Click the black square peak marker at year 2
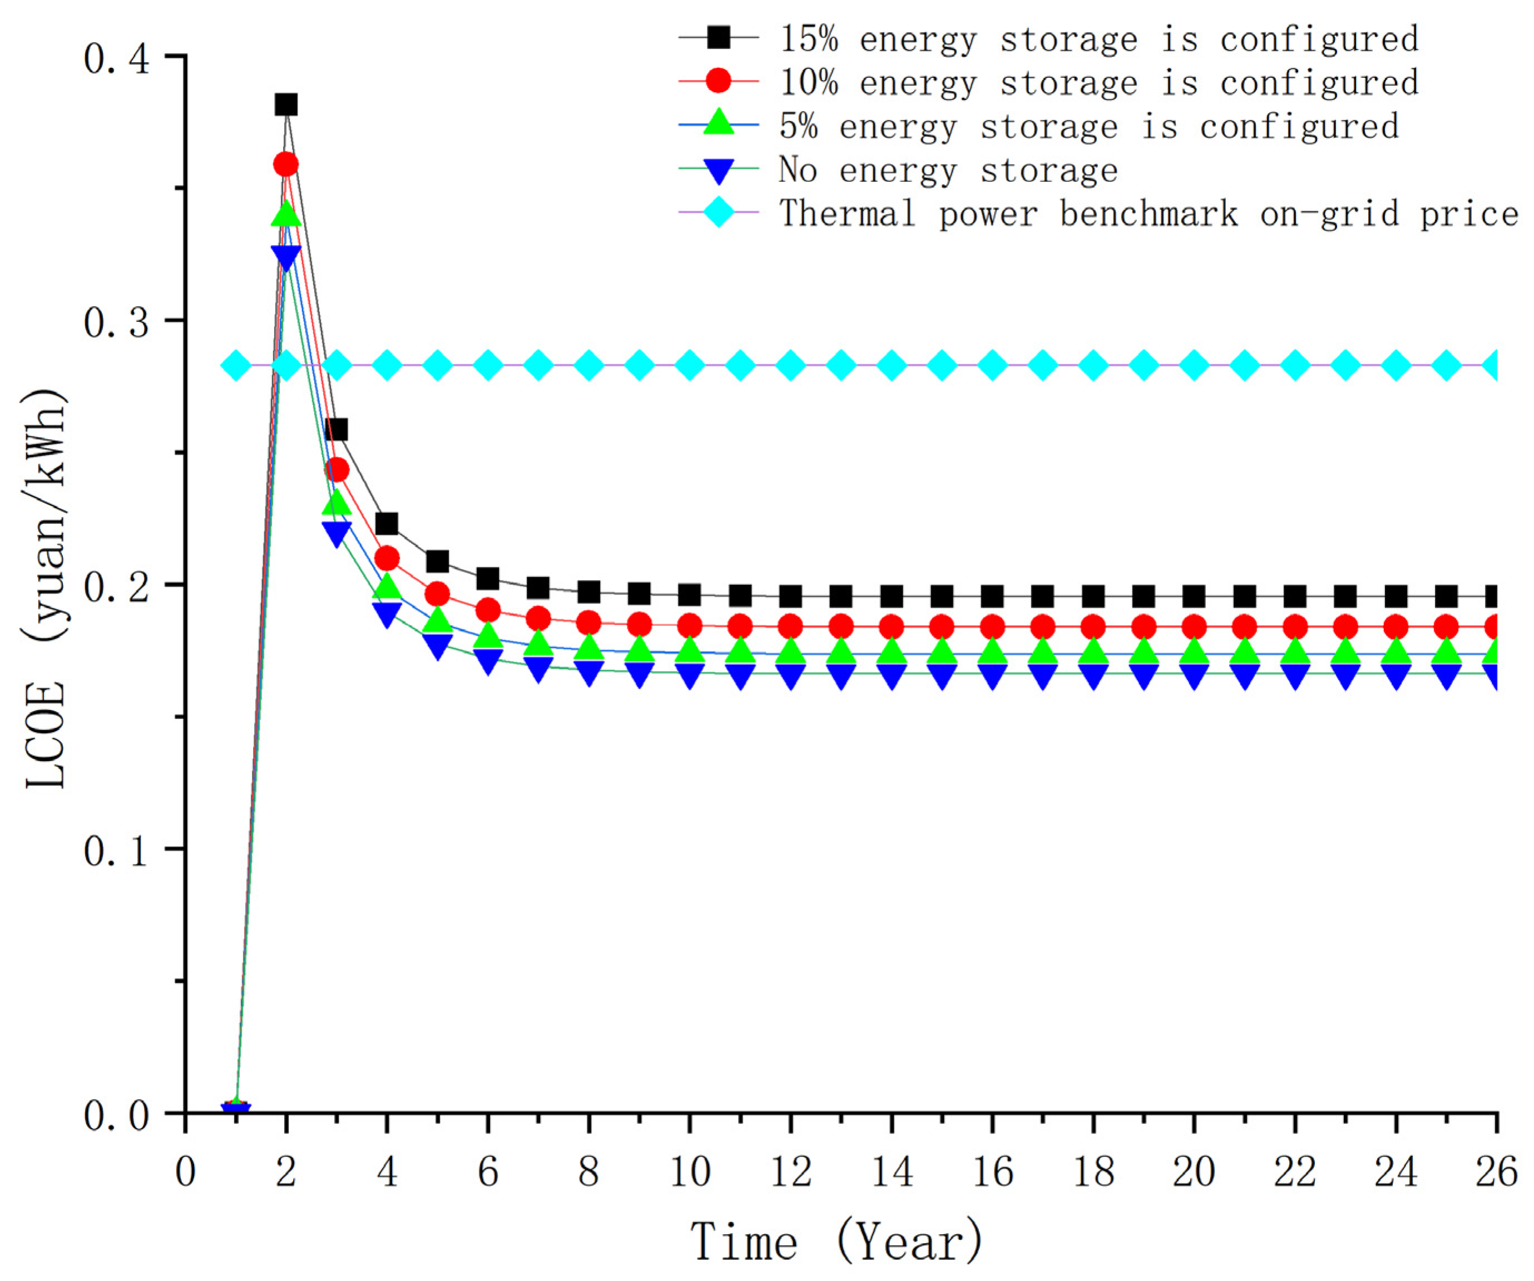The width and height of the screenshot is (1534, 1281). [x=286, y=105]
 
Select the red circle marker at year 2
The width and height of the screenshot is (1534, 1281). [x=286, y=163]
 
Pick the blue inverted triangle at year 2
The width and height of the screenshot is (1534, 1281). [x=286, y=257]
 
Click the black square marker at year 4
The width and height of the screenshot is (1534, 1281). [x=387, y=524]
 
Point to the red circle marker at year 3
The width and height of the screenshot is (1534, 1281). [x=336, y=470]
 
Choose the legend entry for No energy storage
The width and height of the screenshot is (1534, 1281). [x=947, y=170]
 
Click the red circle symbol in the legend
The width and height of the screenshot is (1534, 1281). [x=718, y=81]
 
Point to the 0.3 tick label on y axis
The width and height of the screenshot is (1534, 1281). [x=116, y=322]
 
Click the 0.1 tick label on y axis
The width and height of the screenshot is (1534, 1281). [x=116, y=850]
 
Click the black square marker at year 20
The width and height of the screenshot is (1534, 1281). [x=1194, y=597]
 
